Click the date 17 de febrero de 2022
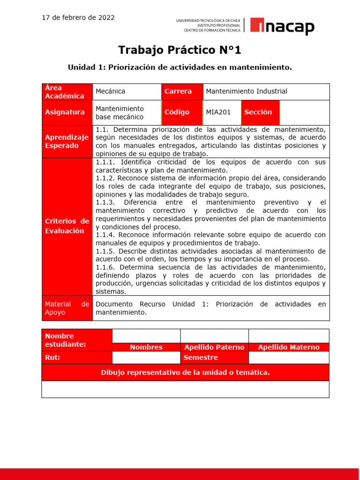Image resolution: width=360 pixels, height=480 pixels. [78, 18]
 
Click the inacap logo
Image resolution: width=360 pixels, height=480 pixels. [282, 26]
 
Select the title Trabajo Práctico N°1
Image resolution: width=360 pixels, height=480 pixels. [180, 50]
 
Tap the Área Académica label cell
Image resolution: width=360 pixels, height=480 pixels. [67, 92]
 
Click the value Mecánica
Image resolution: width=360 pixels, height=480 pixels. [111, 91]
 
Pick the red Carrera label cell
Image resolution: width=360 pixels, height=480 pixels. [182, 91]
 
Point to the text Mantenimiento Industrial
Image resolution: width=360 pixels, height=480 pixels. [247, 91]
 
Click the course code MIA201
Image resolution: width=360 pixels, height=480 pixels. [218, 112]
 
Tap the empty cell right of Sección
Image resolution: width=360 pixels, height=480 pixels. [304, 112]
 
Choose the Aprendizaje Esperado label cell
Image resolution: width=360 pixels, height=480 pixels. [67, 142]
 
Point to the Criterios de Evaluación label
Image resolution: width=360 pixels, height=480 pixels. [67, 226]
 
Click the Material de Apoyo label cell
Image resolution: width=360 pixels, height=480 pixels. [67, 308]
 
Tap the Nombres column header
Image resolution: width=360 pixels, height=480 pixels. [146, 347]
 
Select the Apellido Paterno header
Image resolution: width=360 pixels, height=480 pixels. [214, 347]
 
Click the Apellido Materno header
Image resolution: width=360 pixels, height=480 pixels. [289, 347]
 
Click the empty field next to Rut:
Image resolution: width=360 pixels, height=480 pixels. [146, 358]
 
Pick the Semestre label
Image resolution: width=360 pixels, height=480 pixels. [201, 358]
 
